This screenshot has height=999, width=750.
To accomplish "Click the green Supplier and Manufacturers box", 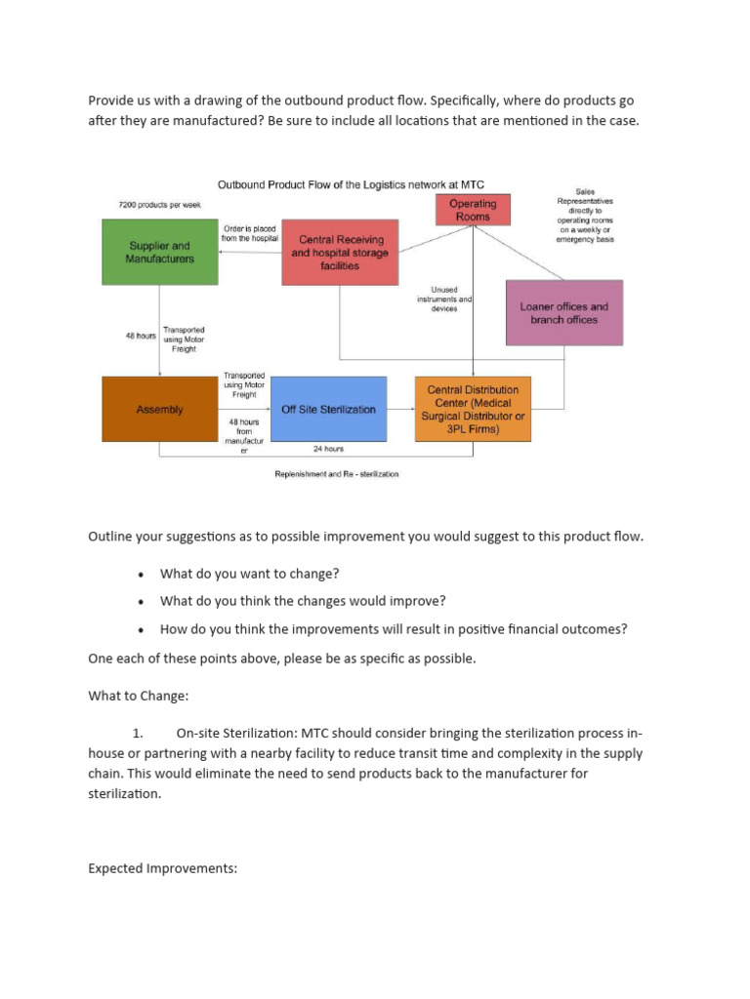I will point(159,252).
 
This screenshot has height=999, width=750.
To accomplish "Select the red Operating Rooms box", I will point(473,210).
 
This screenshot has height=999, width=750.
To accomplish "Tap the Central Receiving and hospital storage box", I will point(341,252).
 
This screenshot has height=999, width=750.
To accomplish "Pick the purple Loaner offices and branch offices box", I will point(563,312).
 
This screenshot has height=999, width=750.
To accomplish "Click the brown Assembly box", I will point(159,410).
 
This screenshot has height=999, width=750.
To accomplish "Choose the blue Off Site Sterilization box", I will point(328,410).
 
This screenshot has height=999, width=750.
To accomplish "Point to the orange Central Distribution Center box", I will point(473,409).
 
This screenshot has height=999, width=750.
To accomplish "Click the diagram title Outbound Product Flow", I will point(350,184).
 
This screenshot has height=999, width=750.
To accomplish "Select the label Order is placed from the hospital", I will point(250,234).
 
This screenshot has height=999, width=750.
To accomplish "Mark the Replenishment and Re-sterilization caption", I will point(336,474).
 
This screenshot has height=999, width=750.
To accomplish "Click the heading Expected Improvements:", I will point(162,867).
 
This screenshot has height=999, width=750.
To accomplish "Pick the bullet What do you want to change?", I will point(249,574).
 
